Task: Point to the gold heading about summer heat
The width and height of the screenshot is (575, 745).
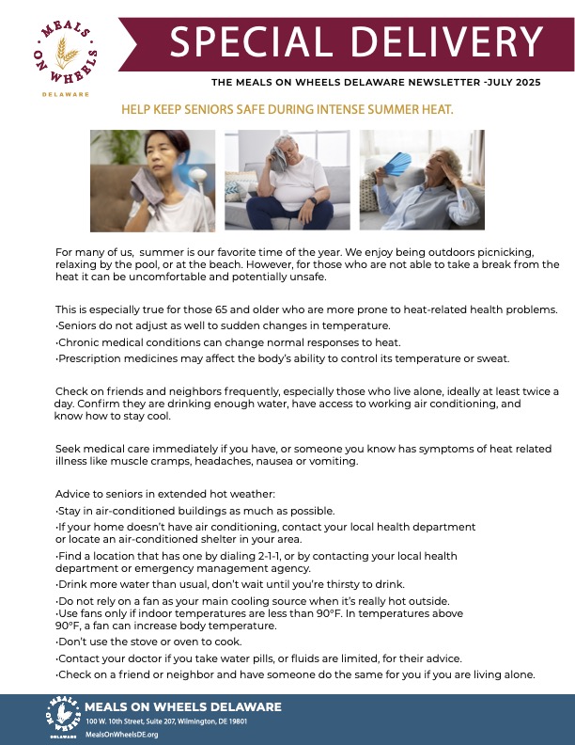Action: (x=287, y=110)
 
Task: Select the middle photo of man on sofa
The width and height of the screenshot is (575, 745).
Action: (x=287, y=180)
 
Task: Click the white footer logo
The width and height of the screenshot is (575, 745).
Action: (x=63, y=718)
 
